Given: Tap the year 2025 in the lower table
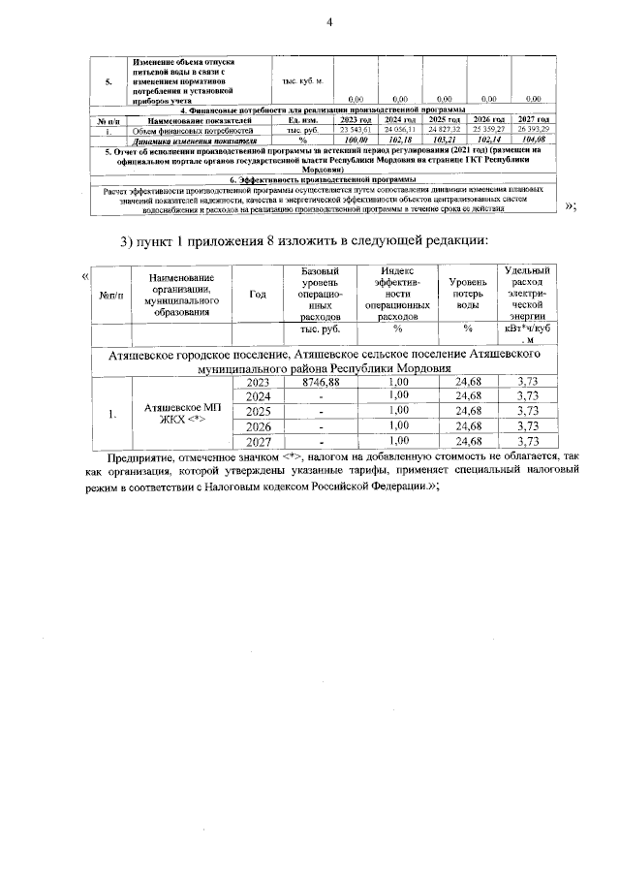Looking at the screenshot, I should [x=258, y=411].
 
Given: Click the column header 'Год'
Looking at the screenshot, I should [x=258, y=296].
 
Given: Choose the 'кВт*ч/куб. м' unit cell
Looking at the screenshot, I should [x=527, y=334].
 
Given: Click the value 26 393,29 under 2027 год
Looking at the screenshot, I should [x=532, y=129].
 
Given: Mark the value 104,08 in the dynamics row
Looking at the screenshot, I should [x=532, y=139].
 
